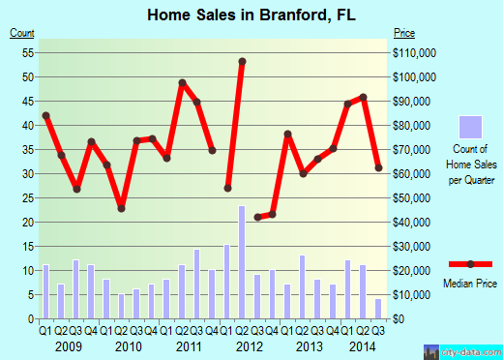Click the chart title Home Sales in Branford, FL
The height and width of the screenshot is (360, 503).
point(251,15)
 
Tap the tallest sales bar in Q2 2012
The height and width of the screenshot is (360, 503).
point(242,261)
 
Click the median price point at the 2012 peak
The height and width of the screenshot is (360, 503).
point(242,62)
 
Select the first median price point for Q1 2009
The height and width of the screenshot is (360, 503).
point(45,116)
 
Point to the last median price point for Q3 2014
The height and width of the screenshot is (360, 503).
point(378,168)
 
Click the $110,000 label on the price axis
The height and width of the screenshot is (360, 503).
point(414,52)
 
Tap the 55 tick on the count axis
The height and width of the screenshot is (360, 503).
point(28,52)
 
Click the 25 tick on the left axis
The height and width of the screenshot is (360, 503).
point(28,197)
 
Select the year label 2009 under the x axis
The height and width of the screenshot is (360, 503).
point(67,346)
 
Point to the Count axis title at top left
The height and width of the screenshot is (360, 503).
point(22,34)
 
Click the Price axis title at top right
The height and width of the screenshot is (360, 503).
point(403,34)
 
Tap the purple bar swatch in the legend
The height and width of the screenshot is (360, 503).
point(470,128)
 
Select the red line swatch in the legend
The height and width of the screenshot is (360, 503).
point(470,264)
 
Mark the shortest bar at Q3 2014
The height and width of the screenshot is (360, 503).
point(378,308)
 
